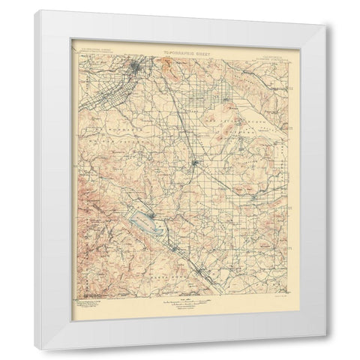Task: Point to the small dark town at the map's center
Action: click(193, 163)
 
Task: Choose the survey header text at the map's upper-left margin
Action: click(93, 55)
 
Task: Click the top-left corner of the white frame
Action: click(36, 11)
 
